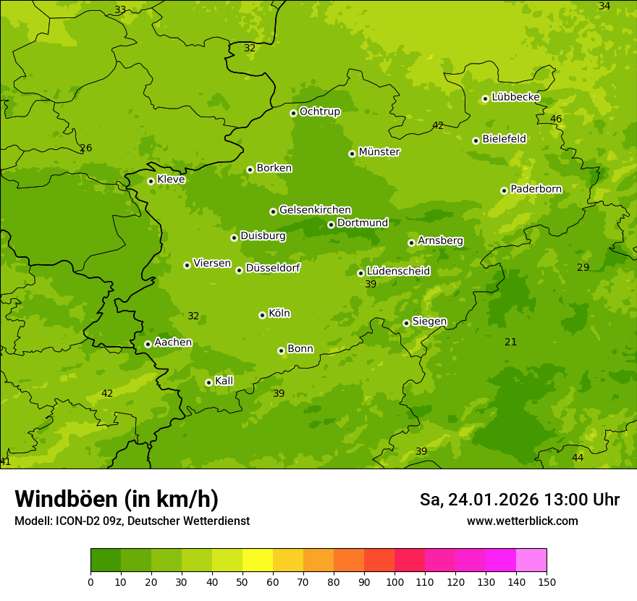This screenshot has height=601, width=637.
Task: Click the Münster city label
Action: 379,152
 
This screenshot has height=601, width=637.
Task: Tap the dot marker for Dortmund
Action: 331,224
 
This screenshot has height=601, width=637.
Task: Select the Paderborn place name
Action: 536,189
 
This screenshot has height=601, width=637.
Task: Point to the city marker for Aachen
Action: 148,344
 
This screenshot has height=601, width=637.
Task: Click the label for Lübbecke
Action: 515,97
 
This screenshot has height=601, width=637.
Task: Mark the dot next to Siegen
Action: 406,323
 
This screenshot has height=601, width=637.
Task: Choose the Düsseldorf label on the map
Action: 273,268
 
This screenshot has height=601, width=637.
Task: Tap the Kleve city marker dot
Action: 151,181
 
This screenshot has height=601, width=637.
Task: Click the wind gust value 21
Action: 511,342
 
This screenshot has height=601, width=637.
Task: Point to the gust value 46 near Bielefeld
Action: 556,119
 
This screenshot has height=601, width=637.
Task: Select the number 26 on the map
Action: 86,148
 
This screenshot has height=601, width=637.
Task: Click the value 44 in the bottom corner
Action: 578,458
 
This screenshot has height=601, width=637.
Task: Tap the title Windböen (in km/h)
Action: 117,499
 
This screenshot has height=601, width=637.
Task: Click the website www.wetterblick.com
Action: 523,521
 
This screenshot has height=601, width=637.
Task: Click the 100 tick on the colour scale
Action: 395,581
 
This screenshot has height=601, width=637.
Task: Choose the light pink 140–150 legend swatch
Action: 531,560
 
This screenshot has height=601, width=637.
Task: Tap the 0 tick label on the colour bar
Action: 90,581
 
